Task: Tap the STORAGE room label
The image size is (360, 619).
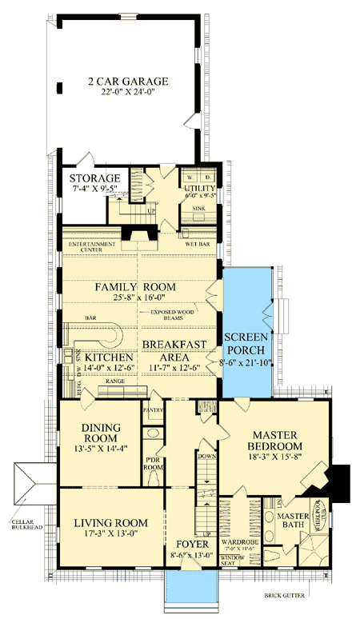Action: coord(94,178)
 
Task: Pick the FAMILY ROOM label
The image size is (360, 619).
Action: coord(135,287)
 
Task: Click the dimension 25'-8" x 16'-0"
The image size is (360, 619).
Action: coord(135,301)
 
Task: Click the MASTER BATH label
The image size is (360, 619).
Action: coord(293,521)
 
